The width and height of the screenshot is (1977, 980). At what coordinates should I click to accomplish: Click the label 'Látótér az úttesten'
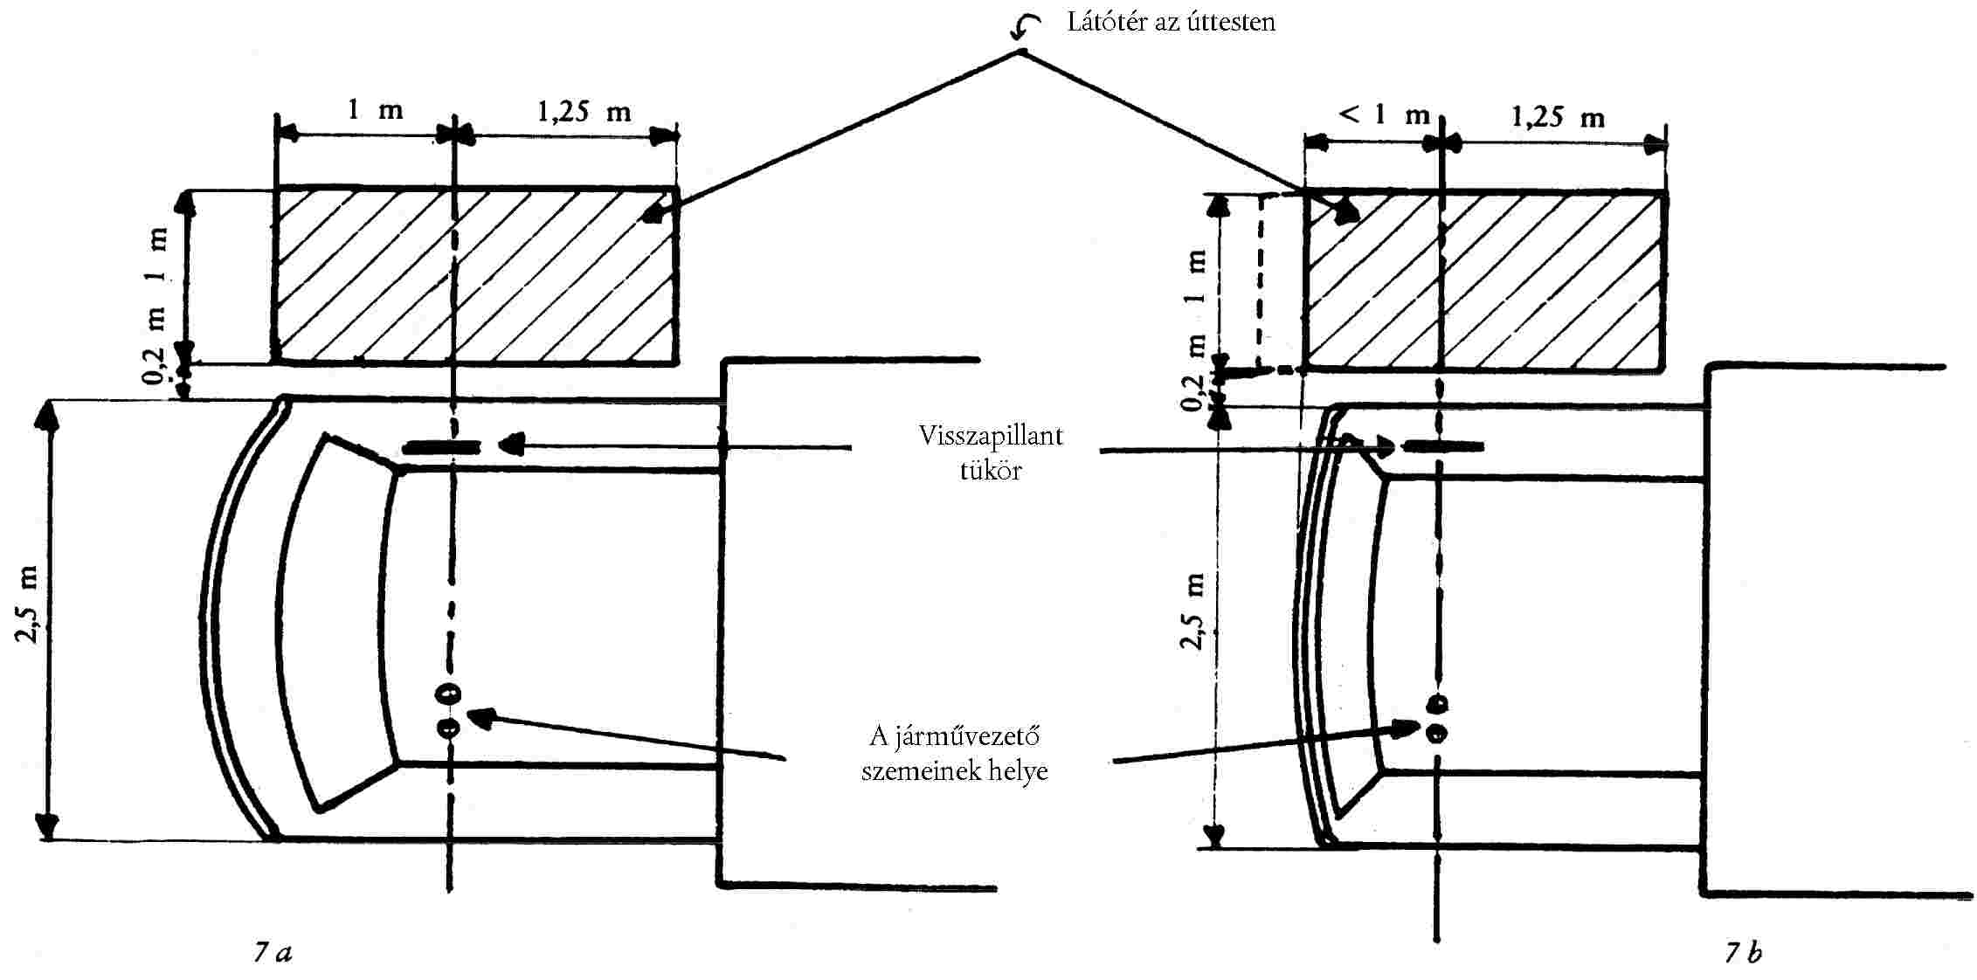[1171, 22]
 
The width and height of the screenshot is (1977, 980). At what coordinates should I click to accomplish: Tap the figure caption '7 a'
[273, 952]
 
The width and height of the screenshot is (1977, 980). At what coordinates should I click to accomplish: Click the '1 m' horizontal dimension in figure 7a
[376, 110]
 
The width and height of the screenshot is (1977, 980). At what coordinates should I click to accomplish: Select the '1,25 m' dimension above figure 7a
[583, 112]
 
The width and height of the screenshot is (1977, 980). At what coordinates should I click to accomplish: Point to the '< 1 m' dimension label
[1384, 114]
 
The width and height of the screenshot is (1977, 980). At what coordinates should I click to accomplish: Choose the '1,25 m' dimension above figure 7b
[1558, 116]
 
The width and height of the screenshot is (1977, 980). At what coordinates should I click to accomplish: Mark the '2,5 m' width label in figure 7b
[1193, 611]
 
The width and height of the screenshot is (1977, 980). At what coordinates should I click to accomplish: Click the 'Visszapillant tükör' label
[991, 452]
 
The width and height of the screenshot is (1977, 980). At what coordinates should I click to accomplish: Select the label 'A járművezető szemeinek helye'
[955, 753]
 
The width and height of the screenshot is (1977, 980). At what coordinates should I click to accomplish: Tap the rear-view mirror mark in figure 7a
[441, 448]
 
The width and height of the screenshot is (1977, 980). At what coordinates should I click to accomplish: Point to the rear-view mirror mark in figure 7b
[1442, 447]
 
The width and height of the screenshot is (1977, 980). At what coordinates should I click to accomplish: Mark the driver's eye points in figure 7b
[1436, 718]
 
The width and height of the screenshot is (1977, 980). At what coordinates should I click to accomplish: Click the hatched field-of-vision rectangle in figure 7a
[476, 275]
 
